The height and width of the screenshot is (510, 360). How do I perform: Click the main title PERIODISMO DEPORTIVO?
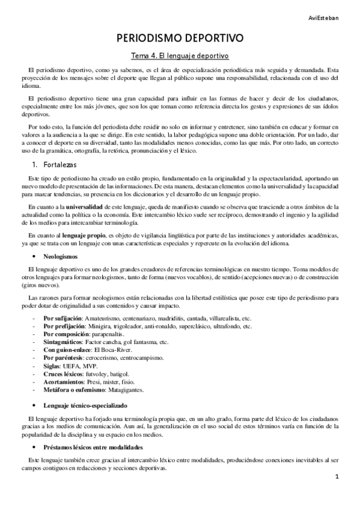click(x=180, y=38)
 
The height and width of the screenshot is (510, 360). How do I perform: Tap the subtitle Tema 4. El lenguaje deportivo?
click(x=180, y=56)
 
